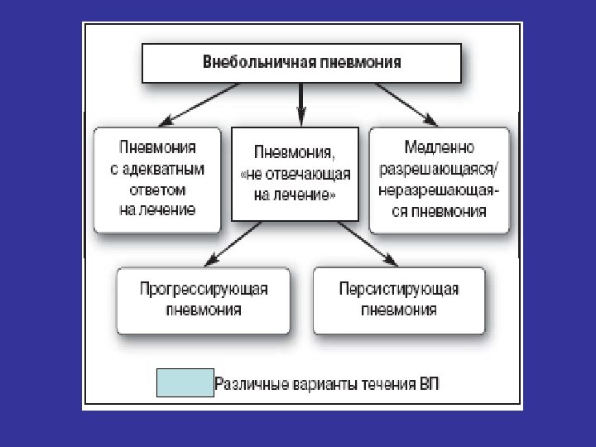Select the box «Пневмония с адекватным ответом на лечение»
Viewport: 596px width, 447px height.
pyautogui.click(x=158, y=179)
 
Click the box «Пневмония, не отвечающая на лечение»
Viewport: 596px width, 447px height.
pyautogui.click(x=296, y=175)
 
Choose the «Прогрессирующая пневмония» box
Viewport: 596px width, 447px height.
pyautogui.click(x=203, y=299)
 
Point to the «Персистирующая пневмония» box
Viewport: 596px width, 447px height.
pyautogui.click(x=399, y=299)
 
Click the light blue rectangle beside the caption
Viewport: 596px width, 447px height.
pyautogui.click(x=185, y=383)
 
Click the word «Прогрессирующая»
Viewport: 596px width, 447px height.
pyautogui.click(x=203, y=289)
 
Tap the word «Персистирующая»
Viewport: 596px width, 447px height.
pyautogui.click(x=399, y=289)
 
